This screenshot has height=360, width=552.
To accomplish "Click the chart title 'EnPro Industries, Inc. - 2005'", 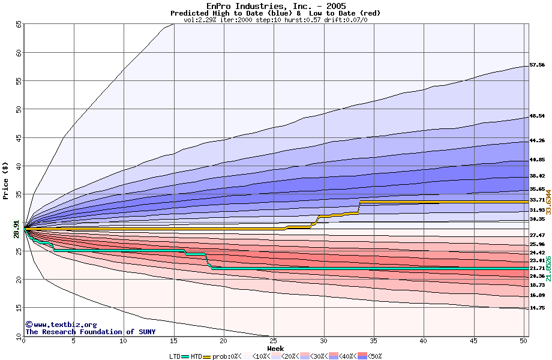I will (275, 6).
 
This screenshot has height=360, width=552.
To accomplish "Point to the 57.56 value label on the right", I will (537, 65).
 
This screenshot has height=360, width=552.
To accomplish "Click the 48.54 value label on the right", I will (537, 116).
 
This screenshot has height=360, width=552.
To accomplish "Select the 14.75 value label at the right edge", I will (537, 308).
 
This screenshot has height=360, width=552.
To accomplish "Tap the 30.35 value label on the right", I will (537, 220).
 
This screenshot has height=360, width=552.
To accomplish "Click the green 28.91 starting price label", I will (17, 229).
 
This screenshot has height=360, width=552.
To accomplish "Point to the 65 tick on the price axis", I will (19, 24).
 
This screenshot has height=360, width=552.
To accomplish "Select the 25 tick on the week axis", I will (273, 341).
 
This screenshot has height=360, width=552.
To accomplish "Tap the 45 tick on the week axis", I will (472, 341).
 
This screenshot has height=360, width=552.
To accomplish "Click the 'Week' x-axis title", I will (275, 348).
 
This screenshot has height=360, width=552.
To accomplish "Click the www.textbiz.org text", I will (56, 325).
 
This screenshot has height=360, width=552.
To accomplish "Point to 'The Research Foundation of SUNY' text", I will (88, 332).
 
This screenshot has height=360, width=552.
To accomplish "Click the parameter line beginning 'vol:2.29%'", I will (275, 20).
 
